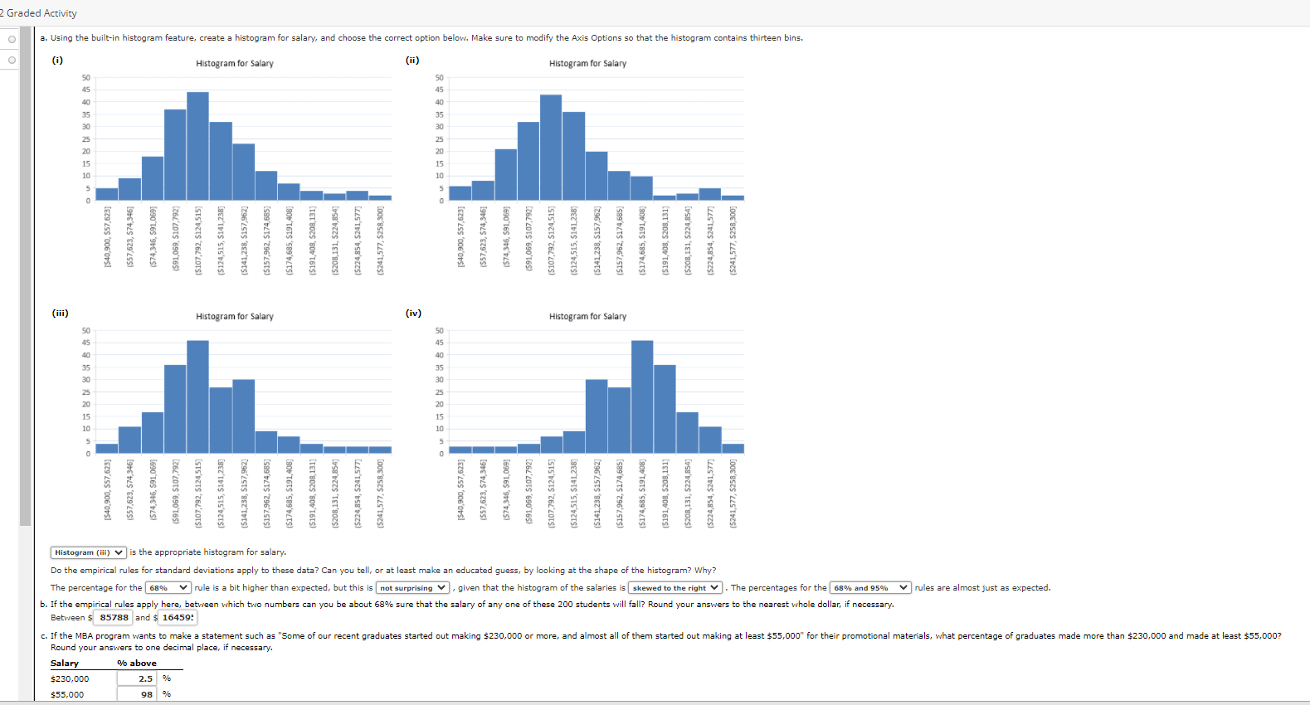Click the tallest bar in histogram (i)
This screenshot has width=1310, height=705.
click(197, 146)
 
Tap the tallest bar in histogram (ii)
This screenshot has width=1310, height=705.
click(551, 147)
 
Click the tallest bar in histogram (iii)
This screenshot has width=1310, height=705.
click(197, 396)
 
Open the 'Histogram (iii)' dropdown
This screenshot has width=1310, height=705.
click(89, 552)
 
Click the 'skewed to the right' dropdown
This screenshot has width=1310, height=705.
click(675, 588)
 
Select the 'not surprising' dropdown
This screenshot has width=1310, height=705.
click(413, 588)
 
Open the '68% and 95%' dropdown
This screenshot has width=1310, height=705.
click(870, 588)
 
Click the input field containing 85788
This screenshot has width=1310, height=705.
click(113, 618)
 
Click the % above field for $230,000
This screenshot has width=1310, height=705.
click(137, 678)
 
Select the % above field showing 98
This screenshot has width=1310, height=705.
click(137, 694)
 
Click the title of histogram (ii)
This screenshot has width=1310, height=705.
click(587, 64)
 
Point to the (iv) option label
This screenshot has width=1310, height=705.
click(413, 314)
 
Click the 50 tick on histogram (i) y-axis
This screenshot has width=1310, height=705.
click(85, 78)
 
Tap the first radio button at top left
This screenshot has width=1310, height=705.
click(12, 40)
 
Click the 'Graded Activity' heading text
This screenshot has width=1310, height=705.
click(41, 13)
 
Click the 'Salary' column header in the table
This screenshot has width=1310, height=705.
click(65, 664)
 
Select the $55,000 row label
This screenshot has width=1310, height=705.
click(67, 695)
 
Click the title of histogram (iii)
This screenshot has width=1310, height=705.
click(235, 317)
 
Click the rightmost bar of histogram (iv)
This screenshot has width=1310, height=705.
click(733, 448)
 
